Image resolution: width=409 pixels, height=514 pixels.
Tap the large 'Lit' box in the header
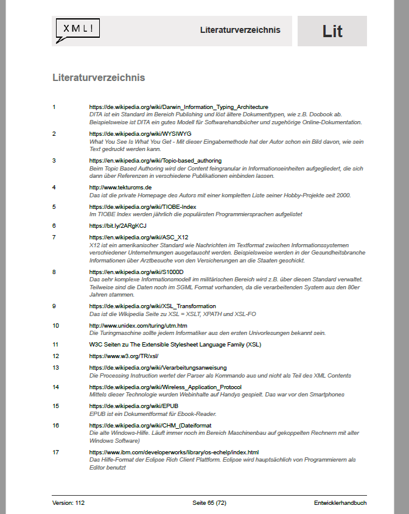coord(332,31)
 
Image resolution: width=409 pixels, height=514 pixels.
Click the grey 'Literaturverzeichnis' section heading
coord(99,78)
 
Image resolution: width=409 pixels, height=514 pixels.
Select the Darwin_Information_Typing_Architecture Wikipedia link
coord(178,107)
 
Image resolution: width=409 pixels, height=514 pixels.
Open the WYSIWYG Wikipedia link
coord(140,133)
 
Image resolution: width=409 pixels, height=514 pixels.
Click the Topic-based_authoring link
coord(155,161)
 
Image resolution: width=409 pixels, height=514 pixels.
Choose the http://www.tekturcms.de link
coord(121,187)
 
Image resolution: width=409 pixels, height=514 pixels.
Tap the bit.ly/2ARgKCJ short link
coord(117,226)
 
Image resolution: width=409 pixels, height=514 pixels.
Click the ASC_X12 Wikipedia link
coord(139,238)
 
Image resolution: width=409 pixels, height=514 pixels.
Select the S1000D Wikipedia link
coord(136,272)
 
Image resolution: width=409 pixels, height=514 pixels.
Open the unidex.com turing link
coord(138,326)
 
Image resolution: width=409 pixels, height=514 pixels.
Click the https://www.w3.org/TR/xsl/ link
coord(119,356)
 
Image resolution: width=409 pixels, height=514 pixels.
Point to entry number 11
coord(55,344)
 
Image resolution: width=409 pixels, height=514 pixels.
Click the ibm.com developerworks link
coord(174,452)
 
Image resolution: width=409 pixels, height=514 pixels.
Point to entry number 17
coord(55,452)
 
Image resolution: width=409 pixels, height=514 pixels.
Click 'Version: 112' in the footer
coord(69,503)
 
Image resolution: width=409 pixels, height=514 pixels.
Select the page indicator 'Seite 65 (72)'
coord(209,503)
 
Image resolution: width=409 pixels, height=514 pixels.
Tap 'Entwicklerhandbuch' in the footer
coord(340,503)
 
